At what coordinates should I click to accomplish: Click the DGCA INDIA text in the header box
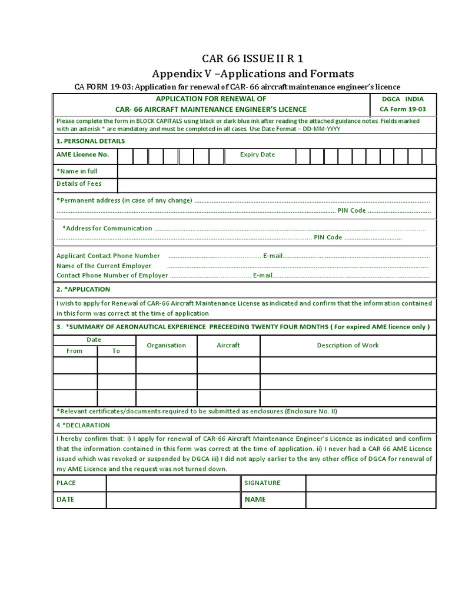pyautogui.click(x=403, y=99)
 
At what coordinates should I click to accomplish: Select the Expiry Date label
pyautogui.click(x=257, y=155)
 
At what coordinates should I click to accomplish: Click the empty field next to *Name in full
pyautogui.click(x=277, y=171)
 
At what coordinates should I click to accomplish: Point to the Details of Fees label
pyautogui.click(x=79, y=184)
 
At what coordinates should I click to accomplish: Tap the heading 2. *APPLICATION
pyautogui.click(x=83, y=289)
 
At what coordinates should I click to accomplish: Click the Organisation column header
pyautogui.click(x=166, y=345)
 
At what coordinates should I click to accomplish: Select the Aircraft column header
pyautogui.click(x=228, y=345)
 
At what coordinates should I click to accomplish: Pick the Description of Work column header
pyautogui.click(x=348, y=345)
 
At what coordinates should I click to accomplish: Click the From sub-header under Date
pyautogui.click(x=75, y=351)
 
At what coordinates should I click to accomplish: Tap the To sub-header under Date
pyautogui.click(x=116, y=351)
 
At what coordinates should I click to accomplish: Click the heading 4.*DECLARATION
pyautogui.click(x=83, y=425)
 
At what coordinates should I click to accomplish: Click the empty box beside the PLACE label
pyautogui.click(x=173, y=483)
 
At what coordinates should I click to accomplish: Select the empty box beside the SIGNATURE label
pyautogui.click(x=371, y=483)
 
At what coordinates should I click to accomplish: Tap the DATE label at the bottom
pyautogui.click(x=65, y=500)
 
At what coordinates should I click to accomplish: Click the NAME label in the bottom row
pyautogui.click(x=255, y=500)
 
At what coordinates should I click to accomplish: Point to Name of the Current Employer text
pyautogui.click(x=104, y=266)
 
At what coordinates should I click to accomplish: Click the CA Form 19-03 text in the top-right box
pyautogui.click(x=403, y=109)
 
